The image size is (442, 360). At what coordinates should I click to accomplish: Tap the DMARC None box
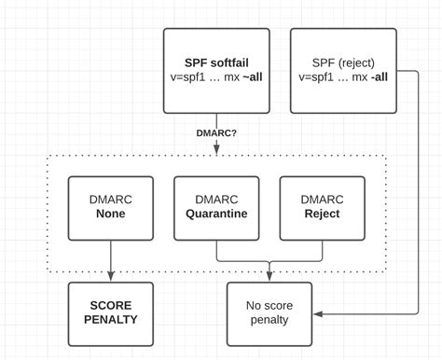pos(111,207)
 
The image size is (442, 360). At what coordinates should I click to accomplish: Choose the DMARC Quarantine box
pos(216,207)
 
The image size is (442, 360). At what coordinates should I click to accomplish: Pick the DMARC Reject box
pos(322,207)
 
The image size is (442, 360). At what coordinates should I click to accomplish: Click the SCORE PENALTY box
pos(111,312)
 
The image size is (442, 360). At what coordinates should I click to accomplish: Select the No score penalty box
pos(269,312)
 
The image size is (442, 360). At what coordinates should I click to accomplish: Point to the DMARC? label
pos(216,132)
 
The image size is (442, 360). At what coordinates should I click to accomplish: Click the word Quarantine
pos(216,215)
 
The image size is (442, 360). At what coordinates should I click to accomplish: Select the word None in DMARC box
pos(111,215)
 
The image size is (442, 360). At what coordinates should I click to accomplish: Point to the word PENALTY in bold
pos(111,320)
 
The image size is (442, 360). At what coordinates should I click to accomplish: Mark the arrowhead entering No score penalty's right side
pos(318,314)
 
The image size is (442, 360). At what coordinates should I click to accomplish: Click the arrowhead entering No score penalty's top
pos(269,276)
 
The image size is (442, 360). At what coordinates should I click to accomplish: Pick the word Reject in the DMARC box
pos(322,215)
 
